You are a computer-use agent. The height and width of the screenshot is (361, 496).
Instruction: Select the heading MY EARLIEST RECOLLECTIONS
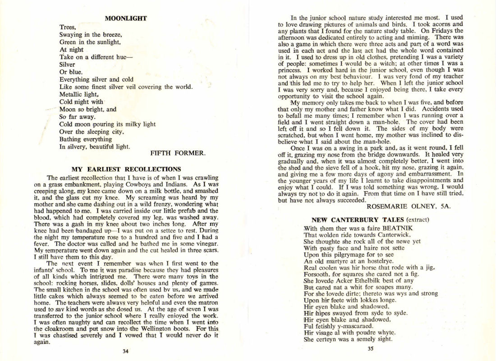tap(126, 169)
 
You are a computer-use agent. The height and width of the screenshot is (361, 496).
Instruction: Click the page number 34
tap(126, 351)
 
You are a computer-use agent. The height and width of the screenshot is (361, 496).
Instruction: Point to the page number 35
tap(370, 347)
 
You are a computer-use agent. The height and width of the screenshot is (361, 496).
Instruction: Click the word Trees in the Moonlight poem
tap(68, 27)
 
